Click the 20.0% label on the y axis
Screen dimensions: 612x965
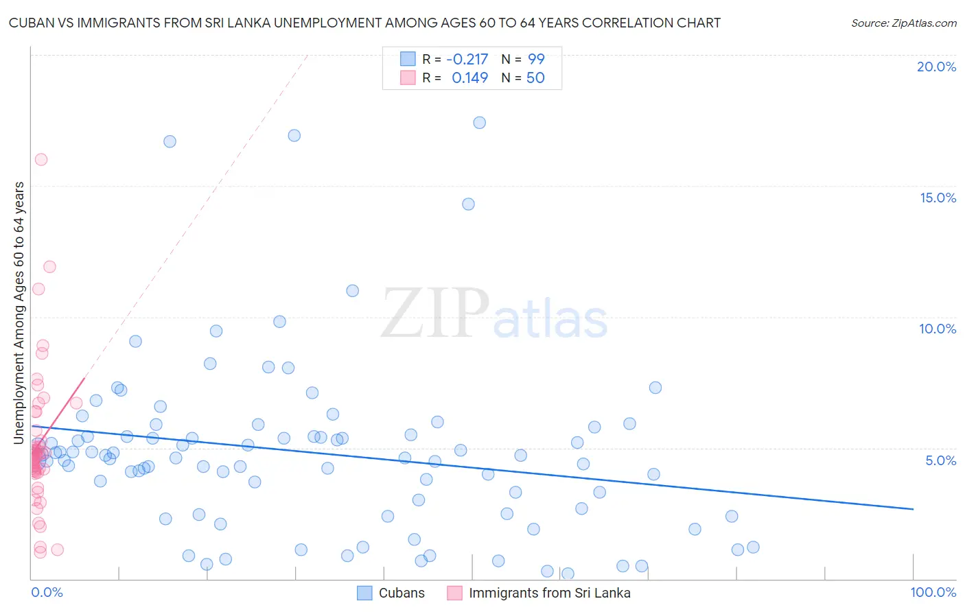click(936, 67)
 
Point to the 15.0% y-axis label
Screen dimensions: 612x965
click(938, 198)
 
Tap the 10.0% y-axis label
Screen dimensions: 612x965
click(938, 329)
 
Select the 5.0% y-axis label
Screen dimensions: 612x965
click(940, 460)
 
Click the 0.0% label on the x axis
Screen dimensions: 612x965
click(47, 592)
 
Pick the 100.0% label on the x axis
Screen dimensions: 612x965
click(933, 592)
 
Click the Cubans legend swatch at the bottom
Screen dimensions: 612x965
click(365, 593)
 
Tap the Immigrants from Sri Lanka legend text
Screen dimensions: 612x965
click(549, 593)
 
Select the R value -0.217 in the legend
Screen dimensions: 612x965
click(467, 59)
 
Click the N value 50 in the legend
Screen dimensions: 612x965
click(535, 78)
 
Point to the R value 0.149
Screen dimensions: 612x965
click(469, 78)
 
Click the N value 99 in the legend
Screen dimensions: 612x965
click(536, 59)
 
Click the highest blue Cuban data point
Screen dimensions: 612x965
click(479, 123)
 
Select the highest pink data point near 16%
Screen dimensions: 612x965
click(41, 159)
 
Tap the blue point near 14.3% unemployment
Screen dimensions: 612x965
click(468, 204)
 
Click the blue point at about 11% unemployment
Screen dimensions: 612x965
click(352, 291)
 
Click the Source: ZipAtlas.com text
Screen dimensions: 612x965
click(903, 23)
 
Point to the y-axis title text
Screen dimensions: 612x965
click(19, 312)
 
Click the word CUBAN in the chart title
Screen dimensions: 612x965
click(31, 23)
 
